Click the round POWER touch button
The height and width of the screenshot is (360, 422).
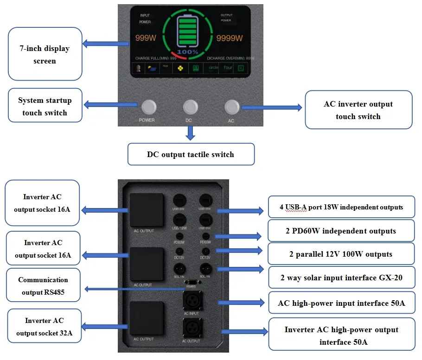click(148, 107)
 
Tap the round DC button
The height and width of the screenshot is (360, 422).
click(190, 107)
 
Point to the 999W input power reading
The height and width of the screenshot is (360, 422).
click(146, 38)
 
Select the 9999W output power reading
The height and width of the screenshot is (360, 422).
click(230, 38)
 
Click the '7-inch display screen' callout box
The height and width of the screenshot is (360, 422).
click(45, 55)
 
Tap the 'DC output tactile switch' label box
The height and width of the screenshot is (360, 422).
click(191, 154)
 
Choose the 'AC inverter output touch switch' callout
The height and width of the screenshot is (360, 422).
click(358, 110)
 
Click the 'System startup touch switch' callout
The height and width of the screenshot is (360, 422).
click(45, 106)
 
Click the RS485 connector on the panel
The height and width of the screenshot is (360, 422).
click(191, 282)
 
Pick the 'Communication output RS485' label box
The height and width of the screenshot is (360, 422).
click(43, 286)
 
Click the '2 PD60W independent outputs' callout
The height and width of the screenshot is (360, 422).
click(341, 231)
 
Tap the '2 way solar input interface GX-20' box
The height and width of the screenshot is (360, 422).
click(341, 278)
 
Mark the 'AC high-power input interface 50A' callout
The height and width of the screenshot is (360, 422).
click(341, 303)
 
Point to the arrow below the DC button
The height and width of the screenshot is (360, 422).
click(190, 133)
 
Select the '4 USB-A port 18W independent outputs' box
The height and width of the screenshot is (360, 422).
click(341, 207)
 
